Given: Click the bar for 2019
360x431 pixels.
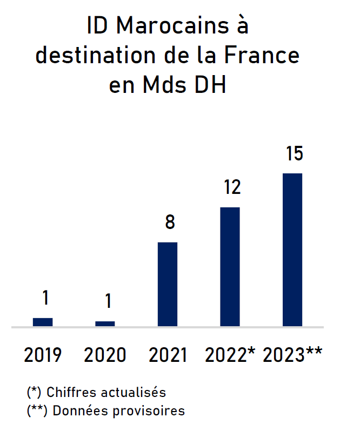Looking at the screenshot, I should [43, 322].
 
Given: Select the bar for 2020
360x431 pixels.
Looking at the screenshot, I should [105, 324].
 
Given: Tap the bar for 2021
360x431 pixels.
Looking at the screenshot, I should [168, 284].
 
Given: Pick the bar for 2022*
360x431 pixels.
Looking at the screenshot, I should [230, 267].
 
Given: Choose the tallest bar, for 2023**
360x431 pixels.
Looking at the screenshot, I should [292, 250].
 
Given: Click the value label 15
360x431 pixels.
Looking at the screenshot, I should [294, 153].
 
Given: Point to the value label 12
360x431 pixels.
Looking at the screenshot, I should [231, 187].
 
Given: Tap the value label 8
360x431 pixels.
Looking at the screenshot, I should [170, 222].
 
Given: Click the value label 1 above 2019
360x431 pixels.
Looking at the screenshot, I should [45, 298].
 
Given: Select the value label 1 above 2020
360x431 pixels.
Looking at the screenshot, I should [108, 301].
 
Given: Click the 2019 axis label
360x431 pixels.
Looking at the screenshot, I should [43, 355].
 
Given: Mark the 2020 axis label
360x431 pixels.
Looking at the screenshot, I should [105, 355].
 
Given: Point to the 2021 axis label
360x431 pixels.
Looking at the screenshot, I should [168, 355].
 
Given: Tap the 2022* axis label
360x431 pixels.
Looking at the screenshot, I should [230, 355].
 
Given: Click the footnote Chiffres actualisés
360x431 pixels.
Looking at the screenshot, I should [106, 392].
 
